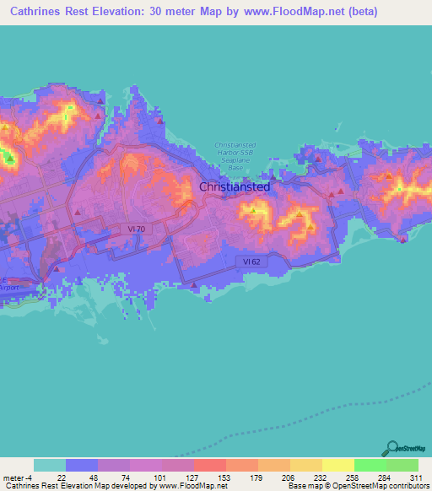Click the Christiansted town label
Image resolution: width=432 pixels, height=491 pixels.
tap(235, 186)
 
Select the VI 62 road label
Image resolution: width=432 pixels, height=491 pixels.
tap(251, 262)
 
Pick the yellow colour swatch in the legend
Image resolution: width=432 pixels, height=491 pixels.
tap(337, 465)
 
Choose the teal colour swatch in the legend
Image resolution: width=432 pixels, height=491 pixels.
tap(50, 465)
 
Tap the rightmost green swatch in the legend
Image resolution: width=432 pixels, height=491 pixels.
tap(402, 465)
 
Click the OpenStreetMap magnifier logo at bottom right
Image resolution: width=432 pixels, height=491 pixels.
tap(393, 448)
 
